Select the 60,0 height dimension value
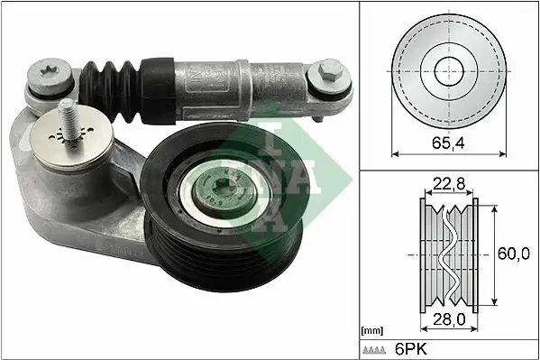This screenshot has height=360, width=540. point(514,254)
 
